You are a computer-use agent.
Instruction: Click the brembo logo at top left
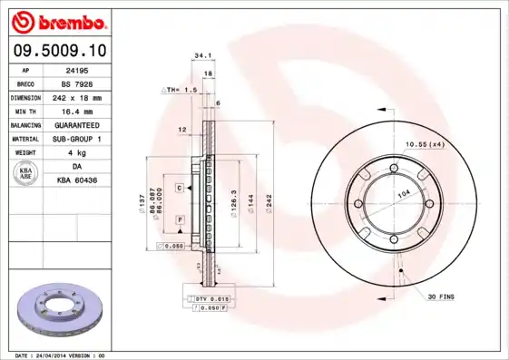pyautogui.click(x=56, y=20)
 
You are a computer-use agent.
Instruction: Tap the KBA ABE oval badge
pyautogui.click(x=26, y=173)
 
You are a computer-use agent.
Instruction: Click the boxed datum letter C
pyautogui.click(x=180, y=187)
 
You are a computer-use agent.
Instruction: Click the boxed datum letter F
pyautogui.click(x=180, y=220)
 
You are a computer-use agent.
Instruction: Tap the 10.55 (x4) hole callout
pyautogui.click(x=424, y=143)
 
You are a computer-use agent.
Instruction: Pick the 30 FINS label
pyautogui.click(x=440, y=297)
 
